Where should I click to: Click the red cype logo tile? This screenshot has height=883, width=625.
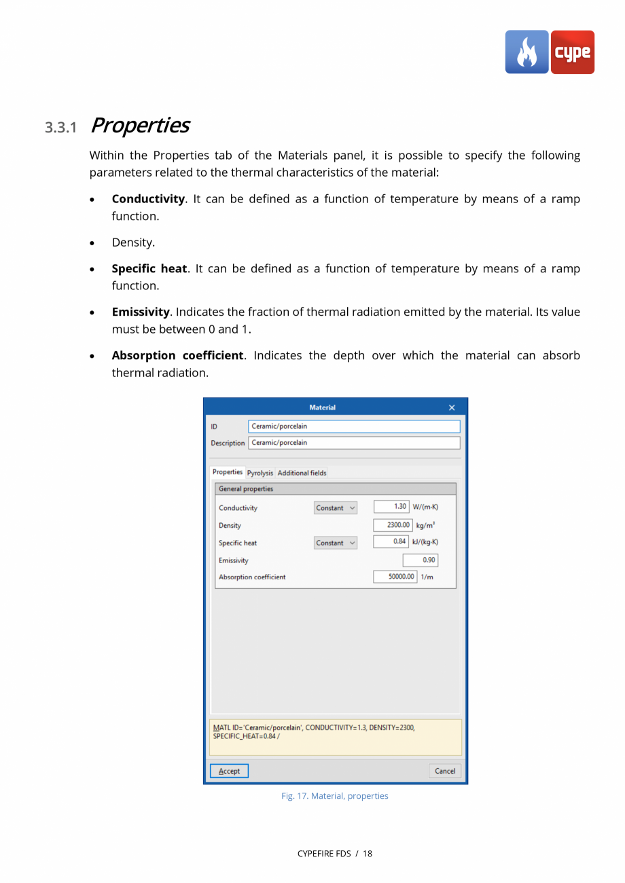(572, 52)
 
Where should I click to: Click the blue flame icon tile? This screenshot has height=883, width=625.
(526, 52)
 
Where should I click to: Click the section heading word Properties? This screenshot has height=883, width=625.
(139, 126)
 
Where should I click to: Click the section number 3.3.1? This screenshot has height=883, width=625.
(61, 127)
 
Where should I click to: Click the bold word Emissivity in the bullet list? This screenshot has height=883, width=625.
(140, 312)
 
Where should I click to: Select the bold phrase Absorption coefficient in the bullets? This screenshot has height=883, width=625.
(177, 355)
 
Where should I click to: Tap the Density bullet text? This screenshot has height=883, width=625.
(133, 242)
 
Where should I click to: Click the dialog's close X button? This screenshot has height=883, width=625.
(452, 408)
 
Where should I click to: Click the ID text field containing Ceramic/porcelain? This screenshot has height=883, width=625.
(354, 427)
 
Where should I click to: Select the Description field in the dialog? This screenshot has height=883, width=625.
(354, 443)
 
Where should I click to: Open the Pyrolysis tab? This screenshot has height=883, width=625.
(260, 473)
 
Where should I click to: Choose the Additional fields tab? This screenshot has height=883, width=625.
(302, 473)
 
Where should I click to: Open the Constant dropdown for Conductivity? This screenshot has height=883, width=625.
(336, 508)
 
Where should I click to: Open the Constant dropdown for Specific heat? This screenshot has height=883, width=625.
(336, 543)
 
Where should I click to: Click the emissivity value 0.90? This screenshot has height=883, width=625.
(421, 560)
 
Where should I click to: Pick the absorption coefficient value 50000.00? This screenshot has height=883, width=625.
(395, 577)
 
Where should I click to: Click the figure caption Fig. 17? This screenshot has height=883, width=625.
(334, 795)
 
